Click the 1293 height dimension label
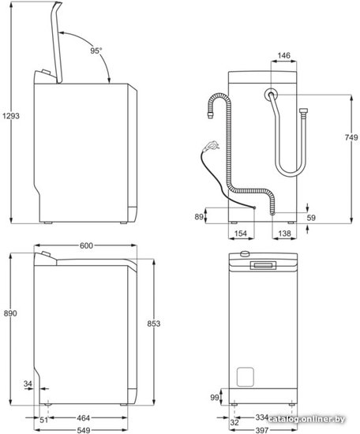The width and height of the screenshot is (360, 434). (11, 116)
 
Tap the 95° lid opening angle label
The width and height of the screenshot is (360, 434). (96, 51)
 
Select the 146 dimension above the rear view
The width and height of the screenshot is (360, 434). (284, 56)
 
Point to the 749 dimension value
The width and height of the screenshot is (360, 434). (351, 137)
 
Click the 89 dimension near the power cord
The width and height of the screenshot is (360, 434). (199, 217)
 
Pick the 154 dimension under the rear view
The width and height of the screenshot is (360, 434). (240, 234)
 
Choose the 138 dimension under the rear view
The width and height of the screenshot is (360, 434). (284, 234)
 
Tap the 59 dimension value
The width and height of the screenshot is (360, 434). (311, 218)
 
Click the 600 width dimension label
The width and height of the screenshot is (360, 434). (86, 245)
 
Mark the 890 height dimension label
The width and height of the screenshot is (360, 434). (10, 313)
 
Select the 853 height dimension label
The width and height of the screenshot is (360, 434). (154, 324)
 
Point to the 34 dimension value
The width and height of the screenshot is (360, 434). (28, 383)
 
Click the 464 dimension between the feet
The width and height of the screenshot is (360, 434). (83, 418)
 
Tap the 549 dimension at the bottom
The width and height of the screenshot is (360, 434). (83, 430)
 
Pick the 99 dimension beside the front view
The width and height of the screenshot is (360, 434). (215, 398)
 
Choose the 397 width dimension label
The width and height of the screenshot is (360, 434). (261, 430)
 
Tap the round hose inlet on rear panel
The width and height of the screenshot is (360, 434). (271, 95)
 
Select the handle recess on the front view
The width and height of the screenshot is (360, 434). (263, 265)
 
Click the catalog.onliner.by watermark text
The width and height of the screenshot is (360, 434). (306, 419)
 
